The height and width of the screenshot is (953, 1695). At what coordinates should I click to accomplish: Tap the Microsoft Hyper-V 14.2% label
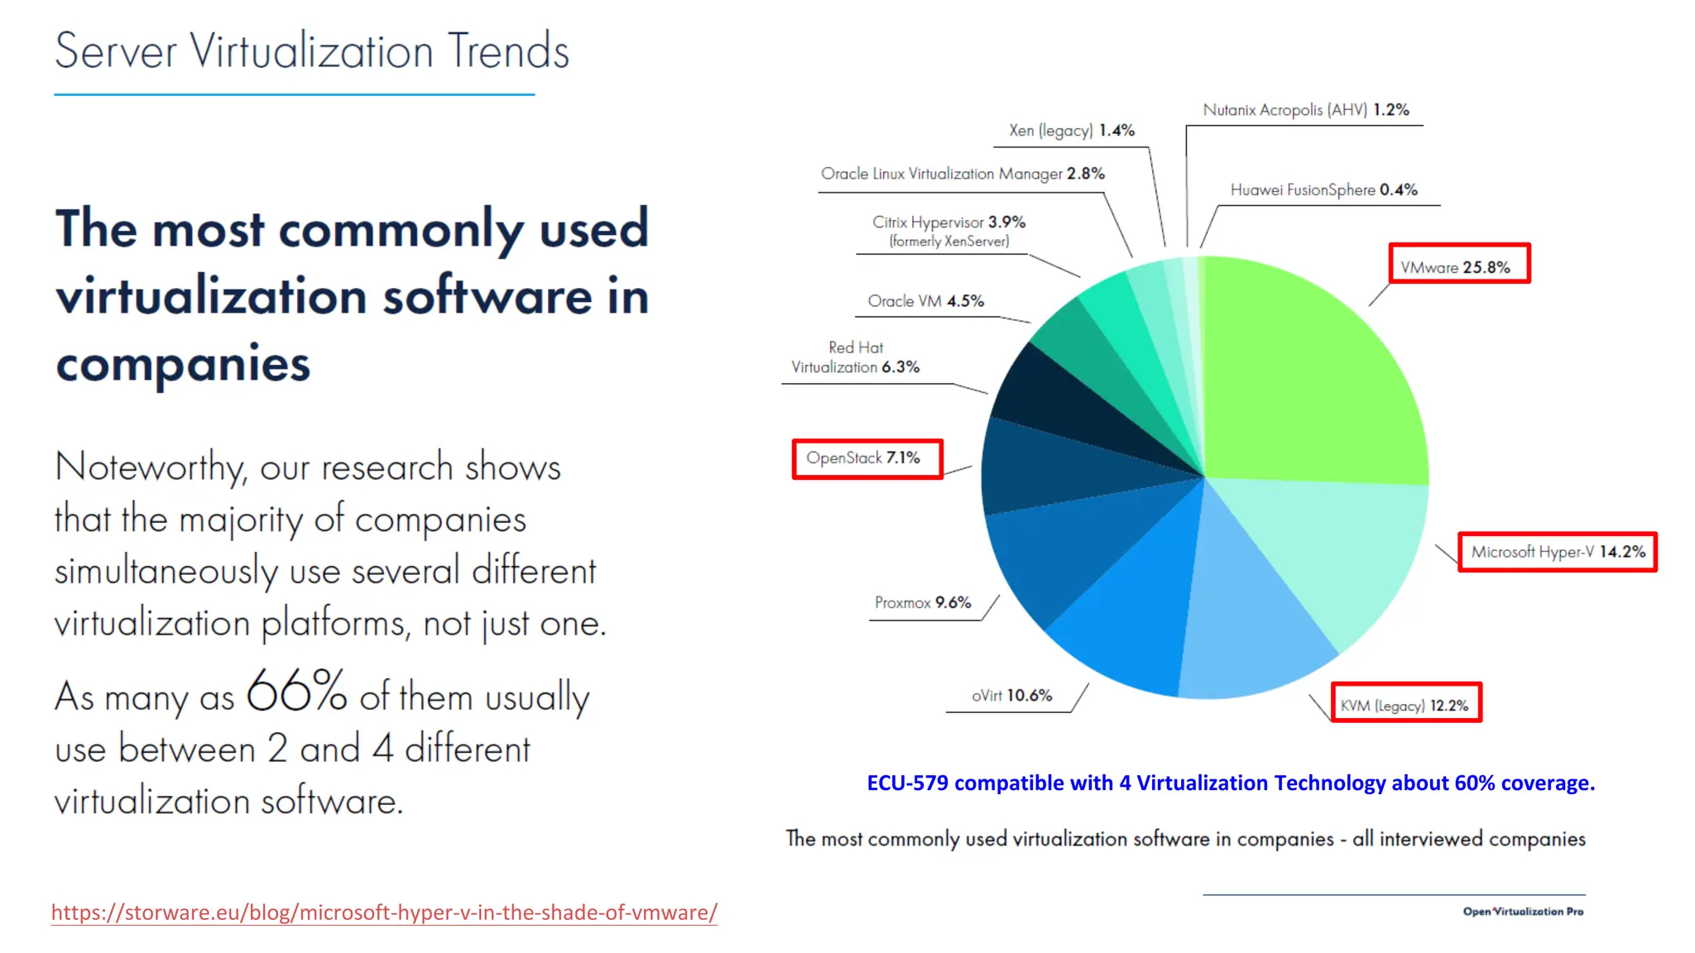[x=1558, y=552]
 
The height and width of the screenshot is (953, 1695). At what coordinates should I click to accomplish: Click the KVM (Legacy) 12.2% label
[x=1404, y=705]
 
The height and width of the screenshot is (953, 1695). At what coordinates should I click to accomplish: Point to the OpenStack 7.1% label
[x=864, y=457]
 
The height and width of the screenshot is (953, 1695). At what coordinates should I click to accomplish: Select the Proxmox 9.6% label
[x=923, y=602]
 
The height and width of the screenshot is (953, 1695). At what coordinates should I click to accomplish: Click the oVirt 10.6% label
[x=1011, y=695]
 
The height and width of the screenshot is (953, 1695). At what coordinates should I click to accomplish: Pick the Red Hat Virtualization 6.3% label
[x=856, y=357]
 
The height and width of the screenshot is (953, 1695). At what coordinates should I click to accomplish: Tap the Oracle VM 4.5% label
[x=925, y=301]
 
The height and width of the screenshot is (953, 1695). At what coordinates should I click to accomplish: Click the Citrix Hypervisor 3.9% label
[x=948, y=231]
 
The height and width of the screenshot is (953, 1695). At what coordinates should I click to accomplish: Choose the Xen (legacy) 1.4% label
[x=1071, y=130]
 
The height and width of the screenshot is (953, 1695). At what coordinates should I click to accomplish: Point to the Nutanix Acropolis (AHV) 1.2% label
[x=1305, y=109]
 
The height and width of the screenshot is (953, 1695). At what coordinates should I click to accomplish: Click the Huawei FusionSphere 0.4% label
[x=1323, y=189]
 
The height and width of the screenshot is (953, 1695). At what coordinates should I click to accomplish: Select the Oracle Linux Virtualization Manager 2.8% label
[x=962, y=174]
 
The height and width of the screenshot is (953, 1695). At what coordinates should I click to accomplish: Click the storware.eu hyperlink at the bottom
[x=384, y=912]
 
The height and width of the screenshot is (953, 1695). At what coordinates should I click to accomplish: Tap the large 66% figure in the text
[x=296, y=690]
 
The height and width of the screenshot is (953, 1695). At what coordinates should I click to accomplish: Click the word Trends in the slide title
[x=508, y=51]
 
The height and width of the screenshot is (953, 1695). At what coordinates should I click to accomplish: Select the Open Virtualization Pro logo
[x=1522, y=911]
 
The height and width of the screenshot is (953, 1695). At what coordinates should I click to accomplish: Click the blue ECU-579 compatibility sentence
[x=1230, y=783]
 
